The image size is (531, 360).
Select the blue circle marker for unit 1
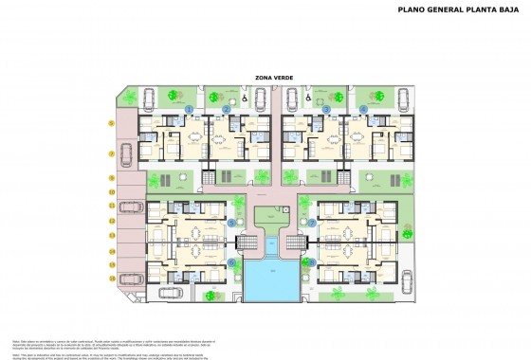coord(189,110)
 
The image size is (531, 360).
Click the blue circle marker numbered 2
coord(226,110)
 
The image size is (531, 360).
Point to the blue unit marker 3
coord(325,110)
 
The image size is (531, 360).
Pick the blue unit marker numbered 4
coord(364,110)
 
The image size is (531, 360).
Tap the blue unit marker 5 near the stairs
coord(230,223)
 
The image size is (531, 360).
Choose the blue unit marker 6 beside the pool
coord(230,262)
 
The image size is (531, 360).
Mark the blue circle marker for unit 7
coord(312,223)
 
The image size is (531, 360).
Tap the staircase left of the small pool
coord(248,244)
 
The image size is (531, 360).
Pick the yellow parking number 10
coord(111,192)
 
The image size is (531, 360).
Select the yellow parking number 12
coord(111,222)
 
